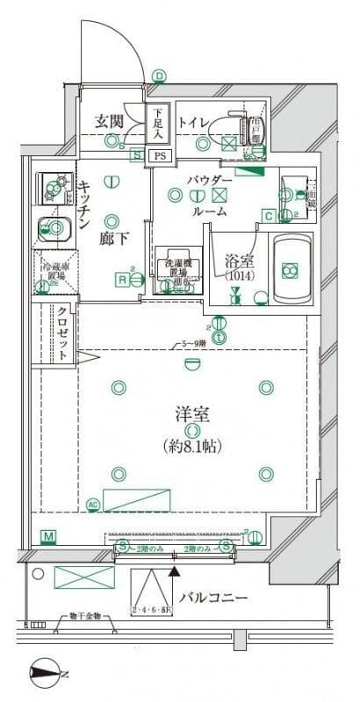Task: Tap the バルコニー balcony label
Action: coord(213,598)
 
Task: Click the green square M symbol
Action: coord(48,535)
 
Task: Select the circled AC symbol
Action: coord(94,504)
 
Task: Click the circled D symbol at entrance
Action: coord(159,75)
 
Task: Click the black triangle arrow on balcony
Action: coord(174,570)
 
